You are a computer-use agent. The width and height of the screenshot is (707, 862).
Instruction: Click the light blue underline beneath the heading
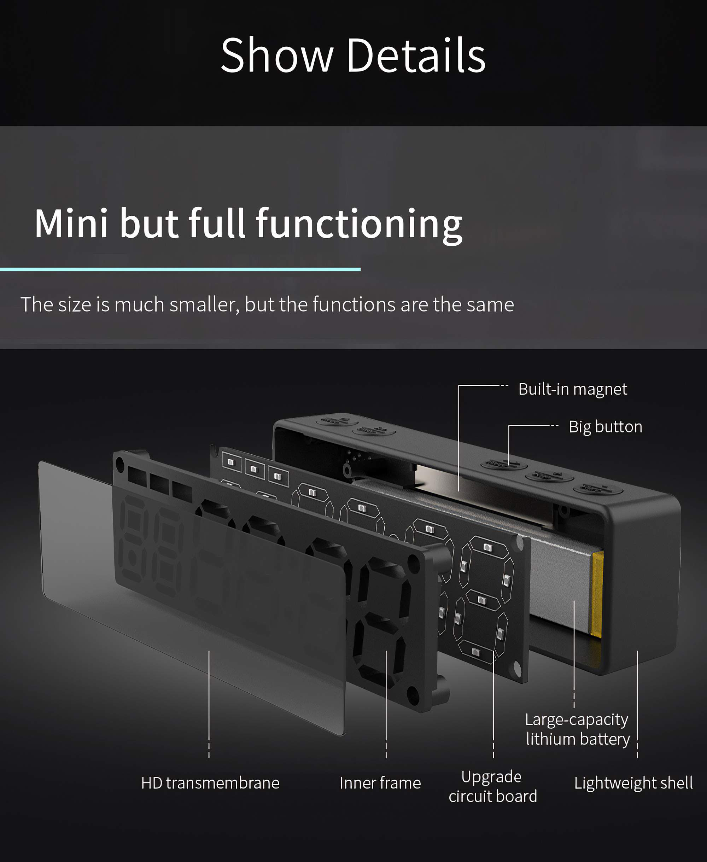pos(180,269)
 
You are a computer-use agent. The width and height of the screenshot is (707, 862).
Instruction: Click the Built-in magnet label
pos(573,389)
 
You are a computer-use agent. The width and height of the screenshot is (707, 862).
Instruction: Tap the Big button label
pos(605,427)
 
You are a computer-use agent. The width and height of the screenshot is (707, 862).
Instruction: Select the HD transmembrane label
pos(210,783)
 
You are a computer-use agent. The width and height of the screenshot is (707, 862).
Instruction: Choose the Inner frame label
pos(380,783)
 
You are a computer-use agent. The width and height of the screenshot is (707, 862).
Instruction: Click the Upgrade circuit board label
pos(493,787)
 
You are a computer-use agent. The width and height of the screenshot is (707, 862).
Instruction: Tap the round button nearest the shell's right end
pos(598,489)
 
